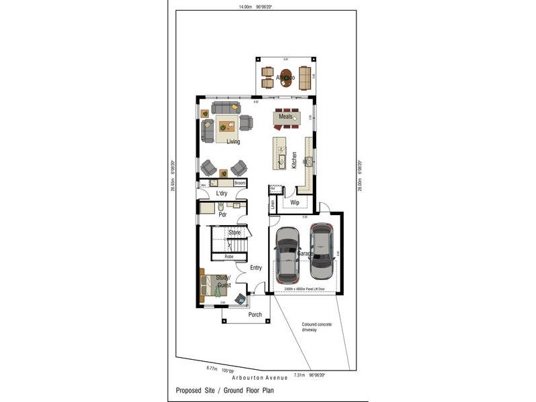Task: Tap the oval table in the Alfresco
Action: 287,78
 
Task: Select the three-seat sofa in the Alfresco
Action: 306,78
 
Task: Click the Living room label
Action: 233,141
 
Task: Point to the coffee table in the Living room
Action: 222,126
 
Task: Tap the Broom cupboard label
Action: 239,183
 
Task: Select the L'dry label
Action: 222,194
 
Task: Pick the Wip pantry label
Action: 294,202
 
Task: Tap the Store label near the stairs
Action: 234,232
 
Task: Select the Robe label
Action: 229,256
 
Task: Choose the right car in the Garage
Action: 322,251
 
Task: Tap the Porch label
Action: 255,314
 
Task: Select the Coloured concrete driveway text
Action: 316,327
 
